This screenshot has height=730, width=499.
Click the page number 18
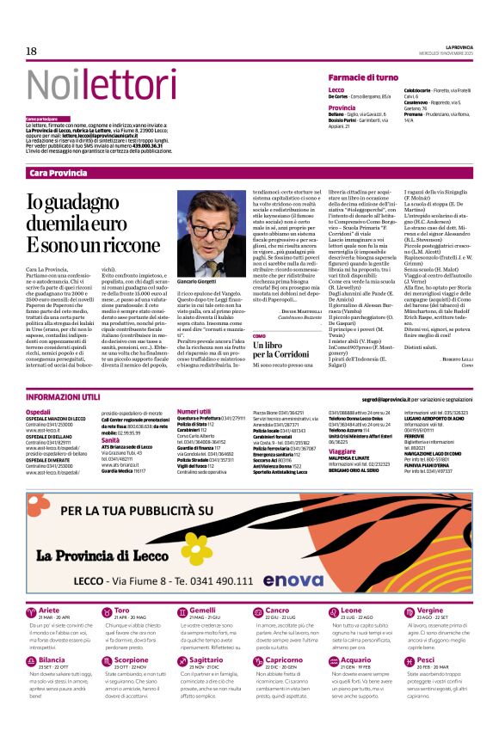31,52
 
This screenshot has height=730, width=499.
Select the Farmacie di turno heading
363,77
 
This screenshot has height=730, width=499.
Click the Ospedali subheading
39,412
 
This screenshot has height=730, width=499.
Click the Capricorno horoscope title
284,659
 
